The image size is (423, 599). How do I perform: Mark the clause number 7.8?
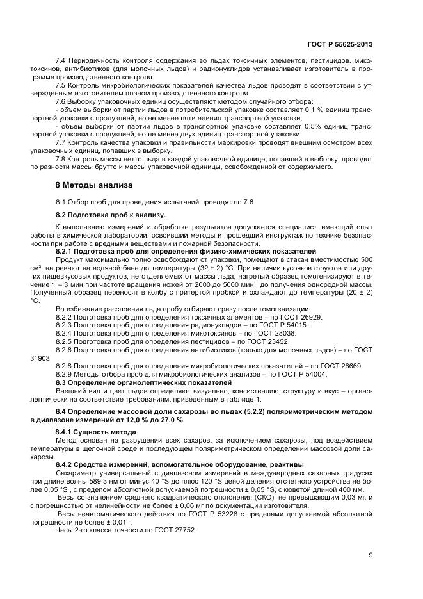[62, 159]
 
